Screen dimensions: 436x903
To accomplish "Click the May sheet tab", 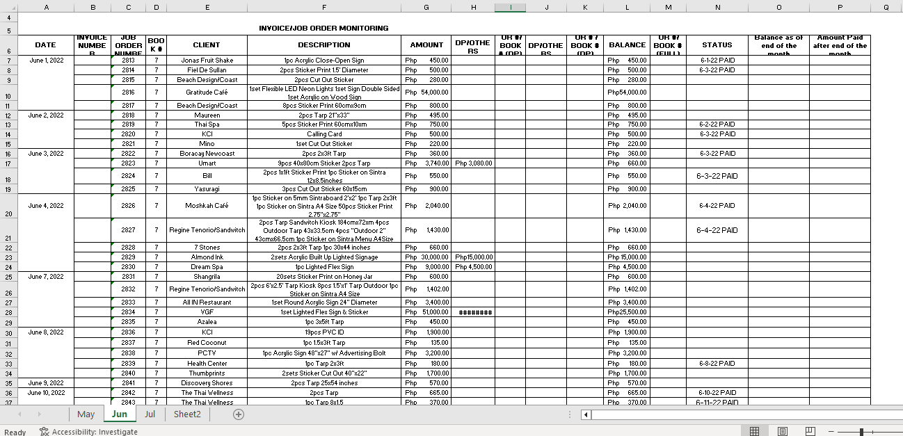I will point(86,414).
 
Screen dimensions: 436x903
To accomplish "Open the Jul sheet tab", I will point(150,414).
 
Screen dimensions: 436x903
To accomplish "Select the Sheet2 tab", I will point(187,414).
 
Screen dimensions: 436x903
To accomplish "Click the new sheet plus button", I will point(239,414).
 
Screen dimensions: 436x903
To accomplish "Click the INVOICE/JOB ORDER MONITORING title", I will point(323,28).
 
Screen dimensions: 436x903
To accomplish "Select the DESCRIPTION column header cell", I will point(323,45).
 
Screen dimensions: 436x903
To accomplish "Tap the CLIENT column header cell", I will point(207,45).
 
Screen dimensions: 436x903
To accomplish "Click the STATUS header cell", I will point(717,45).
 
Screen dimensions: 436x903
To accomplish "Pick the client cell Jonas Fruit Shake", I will point(207,60).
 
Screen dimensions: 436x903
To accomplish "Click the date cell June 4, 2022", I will point(46,206).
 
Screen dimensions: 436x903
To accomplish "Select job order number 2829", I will point(128,257).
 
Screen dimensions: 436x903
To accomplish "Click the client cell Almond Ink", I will point(207,257).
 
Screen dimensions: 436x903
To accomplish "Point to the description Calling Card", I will point(323,134).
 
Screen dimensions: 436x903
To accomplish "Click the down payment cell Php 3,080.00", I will point(474,163).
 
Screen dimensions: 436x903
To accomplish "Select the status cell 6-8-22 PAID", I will point(717,364).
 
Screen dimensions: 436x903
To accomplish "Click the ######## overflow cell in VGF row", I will point(475,312).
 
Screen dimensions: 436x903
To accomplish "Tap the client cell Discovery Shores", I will point(207,383).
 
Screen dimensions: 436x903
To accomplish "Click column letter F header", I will point(323,7).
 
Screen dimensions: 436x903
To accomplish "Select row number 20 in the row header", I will point(8,213).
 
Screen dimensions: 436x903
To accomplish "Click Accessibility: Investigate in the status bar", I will point(88,432).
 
